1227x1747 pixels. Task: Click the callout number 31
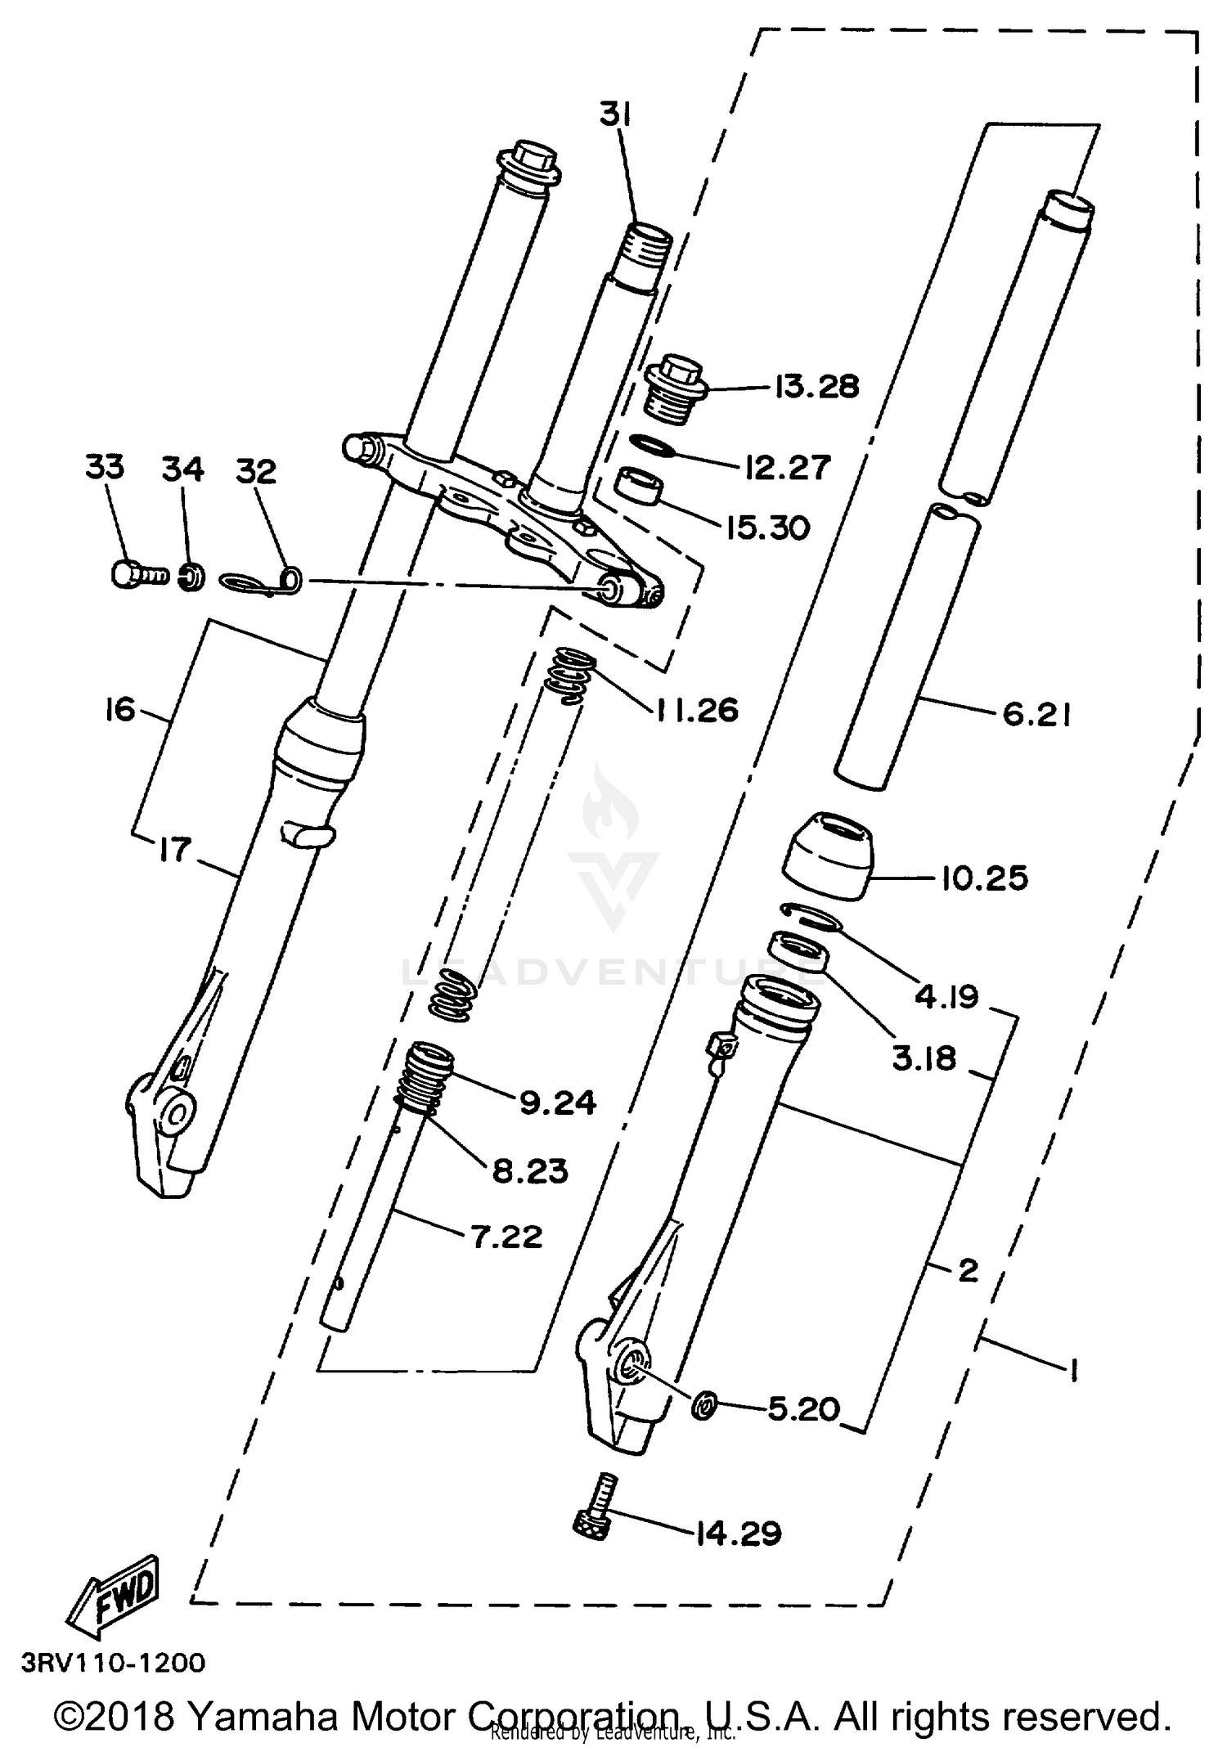click(615, 115)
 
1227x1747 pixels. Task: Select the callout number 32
click(256, 472)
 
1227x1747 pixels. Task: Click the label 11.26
click(696, 709)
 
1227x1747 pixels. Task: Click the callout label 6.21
click(1036, 714)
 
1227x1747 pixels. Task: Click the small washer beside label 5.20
click(703, 1405)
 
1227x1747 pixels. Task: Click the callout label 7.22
click(506, 1236)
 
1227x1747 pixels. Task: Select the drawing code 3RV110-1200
click(114, 1663)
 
